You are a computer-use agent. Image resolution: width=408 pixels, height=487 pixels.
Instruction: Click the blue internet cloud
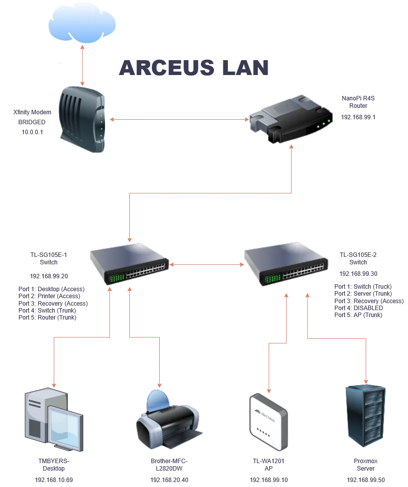(83, 25)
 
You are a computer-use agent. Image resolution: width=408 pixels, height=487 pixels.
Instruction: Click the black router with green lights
(289, 119)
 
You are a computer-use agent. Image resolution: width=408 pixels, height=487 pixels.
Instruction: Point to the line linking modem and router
(179, 120)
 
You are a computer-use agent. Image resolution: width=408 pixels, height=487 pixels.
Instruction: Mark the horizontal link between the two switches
(206, 264)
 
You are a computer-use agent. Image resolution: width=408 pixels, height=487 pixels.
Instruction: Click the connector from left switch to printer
(160, 358)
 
